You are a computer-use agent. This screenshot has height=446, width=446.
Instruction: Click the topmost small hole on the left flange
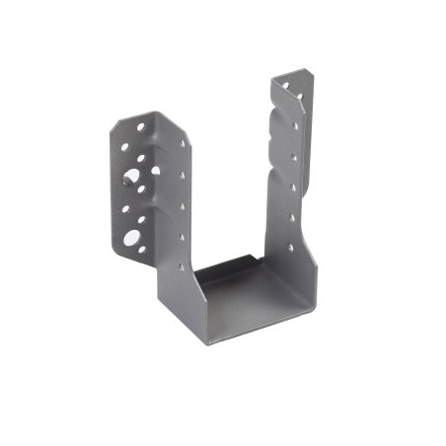click(x=141, y=127)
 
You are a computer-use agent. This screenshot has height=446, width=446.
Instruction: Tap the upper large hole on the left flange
click(x=131, y=175)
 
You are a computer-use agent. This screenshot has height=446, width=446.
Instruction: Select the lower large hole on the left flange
click(x=132, y=237)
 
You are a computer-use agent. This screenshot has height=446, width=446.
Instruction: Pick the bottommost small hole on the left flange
click(x=142, y=249)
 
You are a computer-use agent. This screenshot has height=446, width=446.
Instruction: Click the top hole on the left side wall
click(x=183, y=143)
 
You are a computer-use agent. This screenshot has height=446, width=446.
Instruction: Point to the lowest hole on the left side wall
click(x=182, y=266)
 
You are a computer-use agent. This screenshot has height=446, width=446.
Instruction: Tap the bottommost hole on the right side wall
click(x=291, y=247)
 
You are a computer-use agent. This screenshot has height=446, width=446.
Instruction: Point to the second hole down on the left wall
click(x=183, y=176)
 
